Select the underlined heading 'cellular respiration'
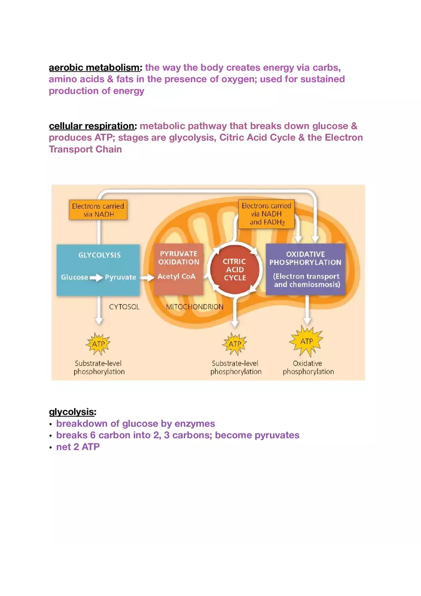[92, 126]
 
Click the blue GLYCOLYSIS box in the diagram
[99, 270]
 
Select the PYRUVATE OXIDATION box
[178, 270]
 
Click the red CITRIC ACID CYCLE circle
[234, 270]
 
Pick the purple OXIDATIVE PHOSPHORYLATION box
[305, 270]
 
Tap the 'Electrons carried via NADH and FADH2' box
[266, 214]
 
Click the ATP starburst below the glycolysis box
[98, 344]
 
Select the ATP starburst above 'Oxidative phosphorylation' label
[307, 341]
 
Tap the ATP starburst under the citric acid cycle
[234, 344]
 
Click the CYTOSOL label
[124, 307]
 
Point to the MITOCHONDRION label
[195, 307]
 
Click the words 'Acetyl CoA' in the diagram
[177, 277]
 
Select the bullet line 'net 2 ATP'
[78, 447]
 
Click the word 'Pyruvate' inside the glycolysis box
[121, 278]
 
